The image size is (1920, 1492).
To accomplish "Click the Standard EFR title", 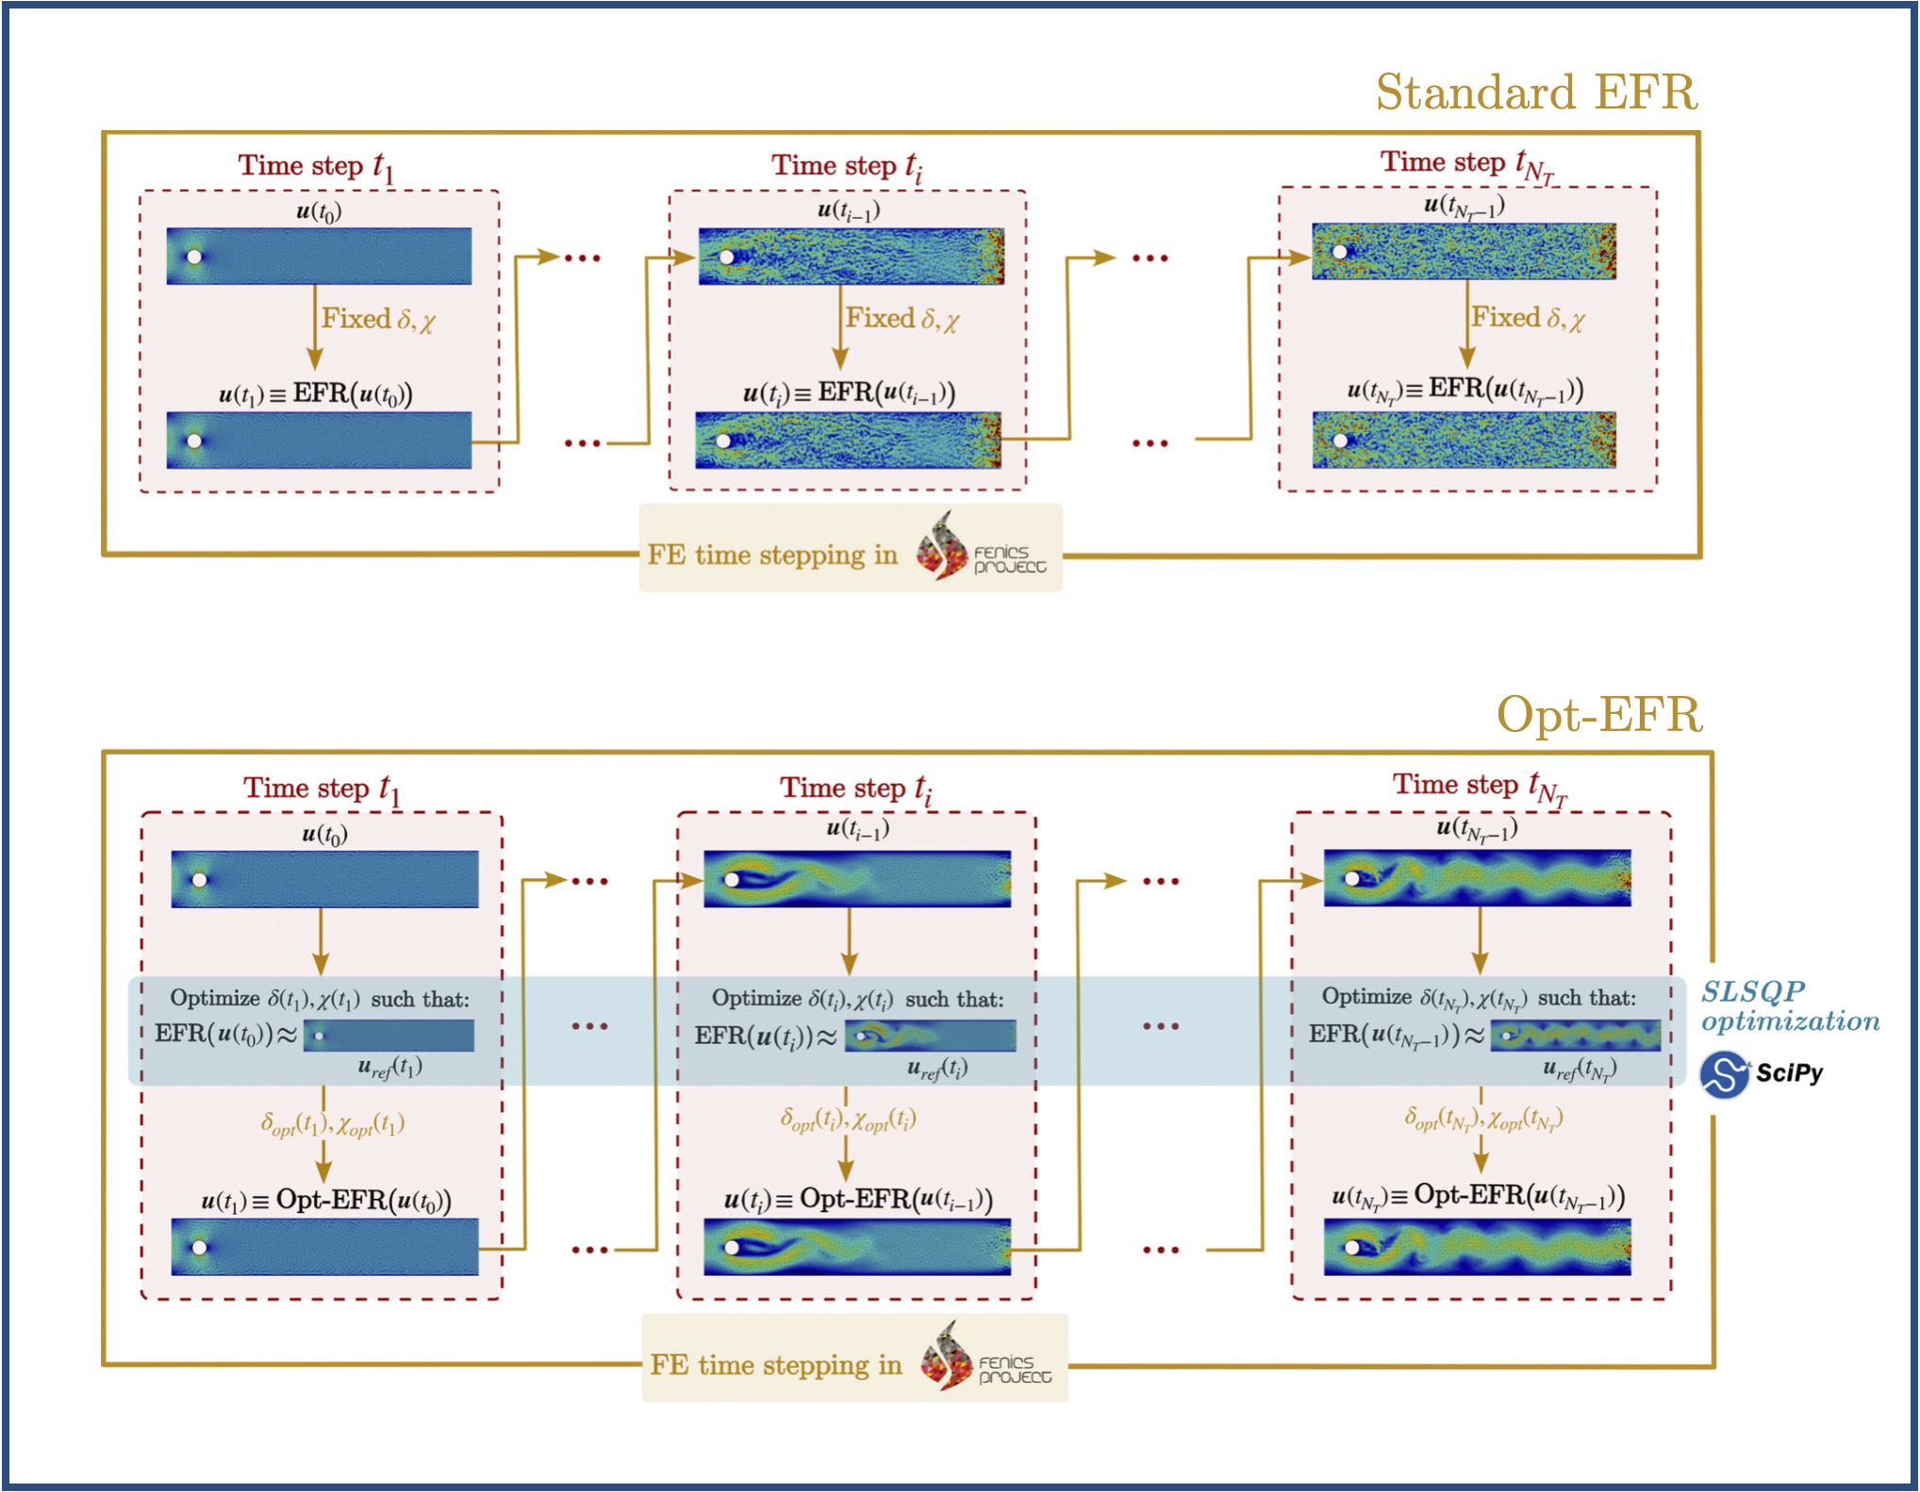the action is point(1536,92).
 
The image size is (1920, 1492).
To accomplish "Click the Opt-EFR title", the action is point(1599,714).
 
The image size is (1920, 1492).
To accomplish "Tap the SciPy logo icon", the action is point(1724,1074).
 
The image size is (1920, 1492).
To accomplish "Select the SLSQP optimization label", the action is point(1789,1006).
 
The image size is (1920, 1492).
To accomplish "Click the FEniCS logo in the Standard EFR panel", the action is point(981,547).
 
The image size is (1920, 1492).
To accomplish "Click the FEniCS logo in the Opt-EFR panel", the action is point(985,1356).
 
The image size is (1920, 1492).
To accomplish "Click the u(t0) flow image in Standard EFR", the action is point(319,256).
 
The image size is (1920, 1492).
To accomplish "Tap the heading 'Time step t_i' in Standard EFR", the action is point(847,167).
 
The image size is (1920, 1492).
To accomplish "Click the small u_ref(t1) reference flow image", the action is point(389,1036).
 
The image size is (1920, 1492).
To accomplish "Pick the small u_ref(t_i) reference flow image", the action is point(930,1036).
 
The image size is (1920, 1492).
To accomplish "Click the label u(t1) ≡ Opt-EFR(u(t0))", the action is point(326,1201).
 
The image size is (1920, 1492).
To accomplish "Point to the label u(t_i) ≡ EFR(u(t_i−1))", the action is point(849,392).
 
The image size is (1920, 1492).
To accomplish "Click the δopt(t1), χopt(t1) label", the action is point(333,1124).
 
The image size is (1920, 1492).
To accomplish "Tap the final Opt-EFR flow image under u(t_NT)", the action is point(1478,1247).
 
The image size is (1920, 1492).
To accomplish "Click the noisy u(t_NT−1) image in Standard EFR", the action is point(1464,251).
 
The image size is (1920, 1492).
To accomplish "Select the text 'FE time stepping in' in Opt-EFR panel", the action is point(775,1365).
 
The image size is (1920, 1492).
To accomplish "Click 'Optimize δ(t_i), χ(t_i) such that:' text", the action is point(857,999).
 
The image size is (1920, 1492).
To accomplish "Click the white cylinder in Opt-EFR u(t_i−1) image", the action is point(732,880).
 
